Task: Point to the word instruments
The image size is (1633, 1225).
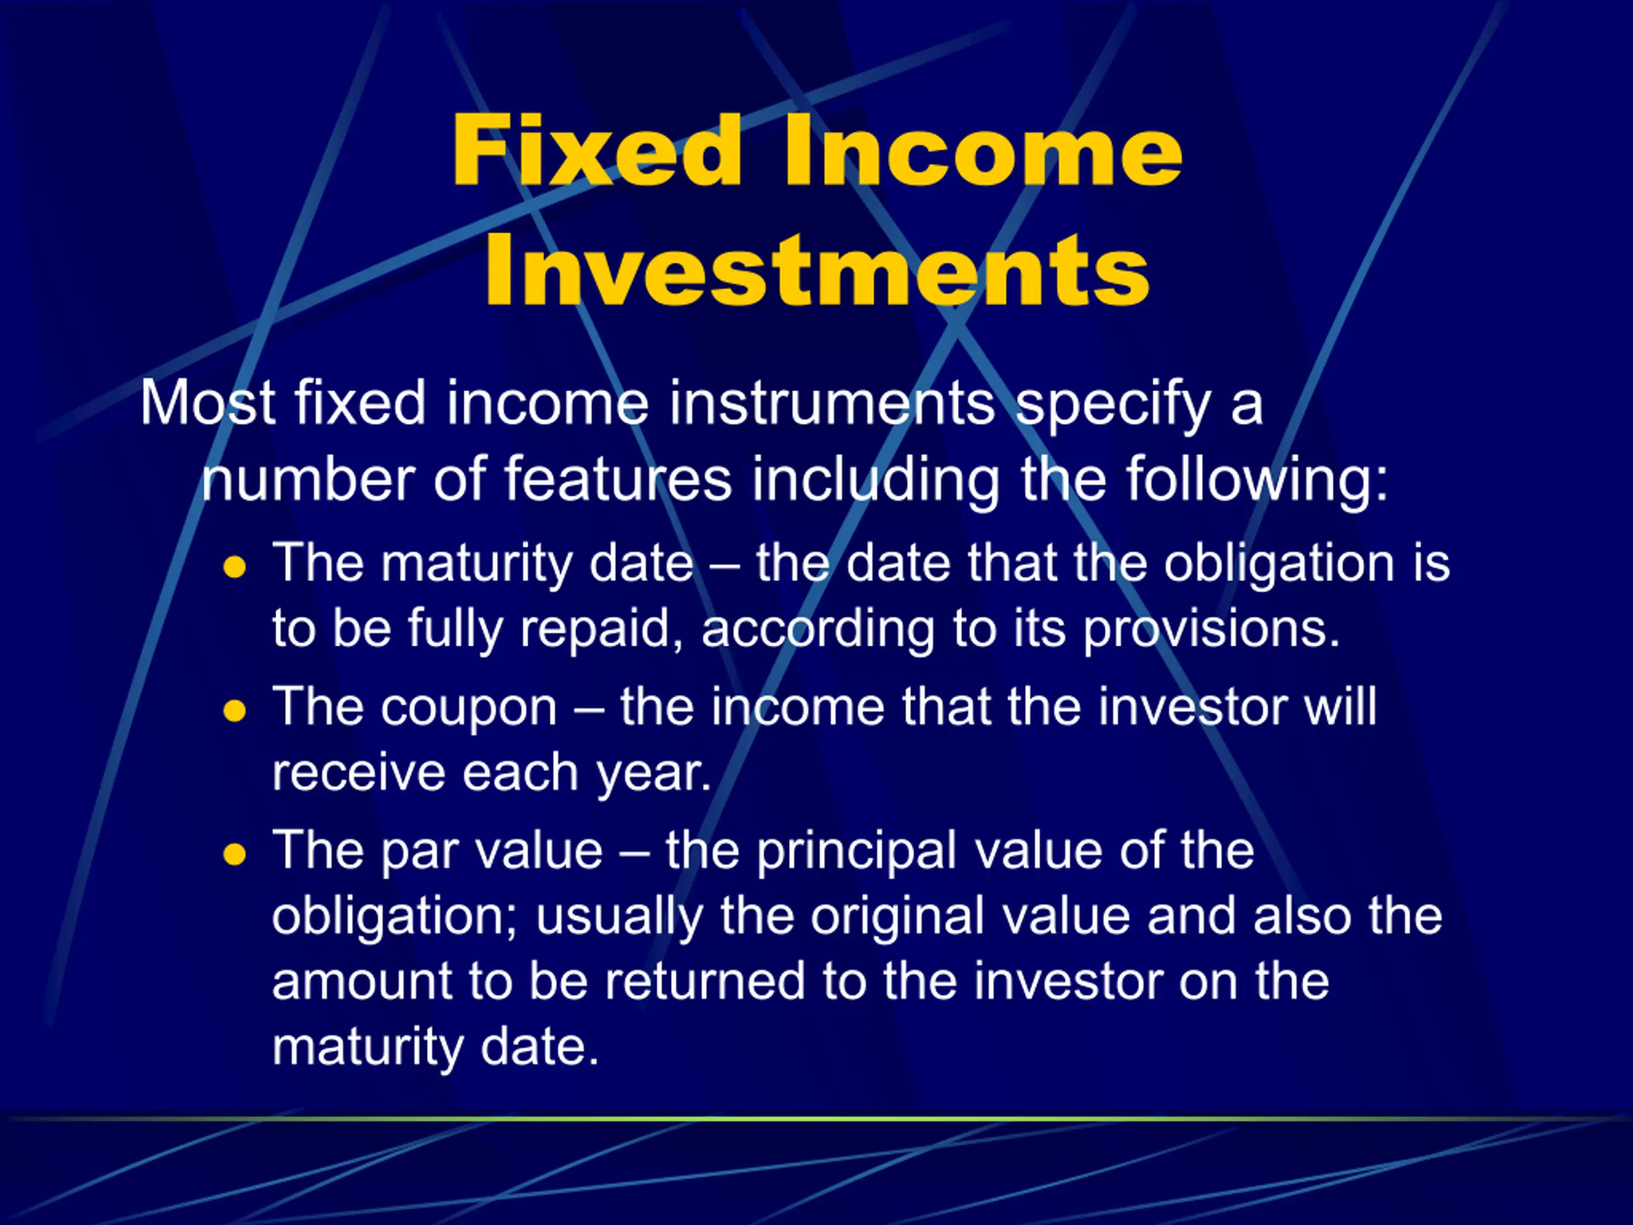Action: [832, 403]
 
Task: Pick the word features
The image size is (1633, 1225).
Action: [618, 480]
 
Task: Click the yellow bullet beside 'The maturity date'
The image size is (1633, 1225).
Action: [234, 567]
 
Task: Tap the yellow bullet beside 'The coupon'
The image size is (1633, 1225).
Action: [234, 711]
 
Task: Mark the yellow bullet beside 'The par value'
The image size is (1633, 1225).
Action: [234, 855]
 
